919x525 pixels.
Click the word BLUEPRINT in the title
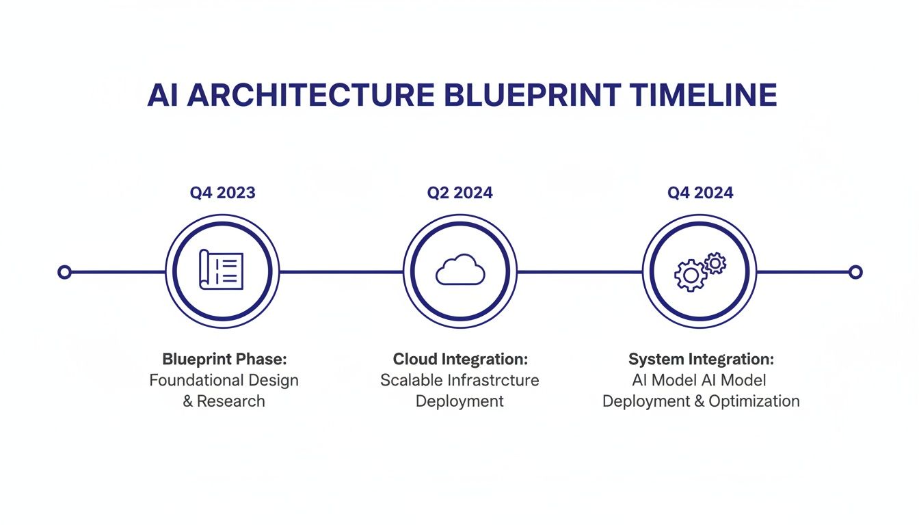pos(533,95)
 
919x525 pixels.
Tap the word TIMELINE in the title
pos(703,95)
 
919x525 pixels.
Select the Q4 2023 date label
pos(222,193)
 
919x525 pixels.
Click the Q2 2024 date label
pos(460,193)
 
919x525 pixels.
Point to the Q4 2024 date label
pos(700,193)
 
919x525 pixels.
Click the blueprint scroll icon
pos(221,269)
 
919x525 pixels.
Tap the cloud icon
pos(460,269)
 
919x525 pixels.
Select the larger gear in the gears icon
pos(691,275)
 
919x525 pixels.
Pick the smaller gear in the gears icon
pos(715,263)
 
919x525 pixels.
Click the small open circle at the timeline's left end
pos(64,272)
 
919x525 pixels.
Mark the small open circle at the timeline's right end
pos(855,272)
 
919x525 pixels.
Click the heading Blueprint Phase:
pos(224,360)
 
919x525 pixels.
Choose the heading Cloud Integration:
pos(460,360)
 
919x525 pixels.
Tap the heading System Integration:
pos(701,360)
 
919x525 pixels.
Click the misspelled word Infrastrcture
pos(493,380)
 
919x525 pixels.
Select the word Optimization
pos(754,401)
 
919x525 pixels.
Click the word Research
pos(231,401)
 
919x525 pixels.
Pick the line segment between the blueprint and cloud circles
pos(341,272)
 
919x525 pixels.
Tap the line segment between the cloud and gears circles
pos(580,272)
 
